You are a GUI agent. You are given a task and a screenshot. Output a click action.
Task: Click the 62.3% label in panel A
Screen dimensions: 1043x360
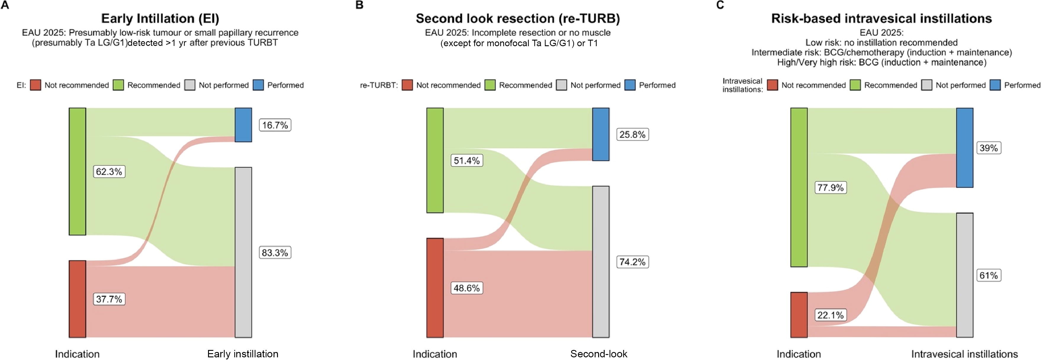coord(109,172)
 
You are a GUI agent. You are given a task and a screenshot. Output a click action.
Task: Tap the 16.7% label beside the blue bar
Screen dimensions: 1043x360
coord(275,125)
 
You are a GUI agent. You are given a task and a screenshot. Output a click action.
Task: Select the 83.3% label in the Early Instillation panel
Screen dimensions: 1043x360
coord(275,253)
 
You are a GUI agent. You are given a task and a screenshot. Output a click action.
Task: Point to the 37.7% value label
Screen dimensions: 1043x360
coord(109,299)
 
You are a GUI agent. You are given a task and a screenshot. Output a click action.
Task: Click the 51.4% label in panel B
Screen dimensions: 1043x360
coord(467,161)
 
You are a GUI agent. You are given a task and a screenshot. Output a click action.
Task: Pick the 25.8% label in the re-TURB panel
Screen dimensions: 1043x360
coord(632,134)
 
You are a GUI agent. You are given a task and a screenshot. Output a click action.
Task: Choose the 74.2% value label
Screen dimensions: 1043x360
coord(632,262)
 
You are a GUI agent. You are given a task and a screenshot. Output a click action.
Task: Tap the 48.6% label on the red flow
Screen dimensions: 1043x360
coord(467,288)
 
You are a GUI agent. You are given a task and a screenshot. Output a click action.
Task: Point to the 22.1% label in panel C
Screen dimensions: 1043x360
coord(830,315)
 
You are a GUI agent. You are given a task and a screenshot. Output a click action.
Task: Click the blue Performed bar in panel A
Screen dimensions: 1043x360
coord(243,125)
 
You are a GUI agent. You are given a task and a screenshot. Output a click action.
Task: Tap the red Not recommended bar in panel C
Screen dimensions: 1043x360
coord(799,315)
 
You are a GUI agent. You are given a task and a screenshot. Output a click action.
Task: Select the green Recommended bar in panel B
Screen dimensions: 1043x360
coord(435,160)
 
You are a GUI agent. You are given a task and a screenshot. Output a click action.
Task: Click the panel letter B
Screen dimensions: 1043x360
coord(359,5)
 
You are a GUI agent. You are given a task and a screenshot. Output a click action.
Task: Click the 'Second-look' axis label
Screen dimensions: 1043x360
coord(599,353)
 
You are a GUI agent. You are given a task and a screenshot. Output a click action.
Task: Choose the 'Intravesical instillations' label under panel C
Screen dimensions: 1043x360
coord(965,353)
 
